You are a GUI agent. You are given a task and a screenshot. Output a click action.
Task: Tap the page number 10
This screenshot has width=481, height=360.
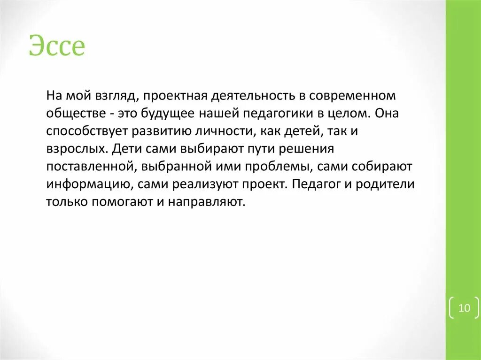point(464,308)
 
